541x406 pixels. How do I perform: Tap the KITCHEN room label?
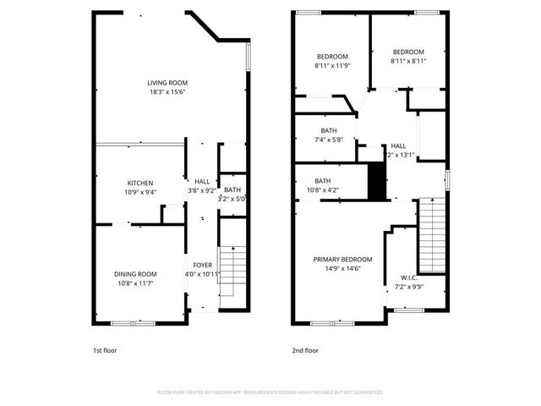[140, 183]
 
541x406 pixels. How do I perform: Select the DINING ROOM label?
[136, 274]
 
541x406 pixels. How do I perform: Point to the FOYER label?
[202, 265]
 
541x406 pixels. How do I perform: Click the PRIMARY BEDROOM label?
[342, 259]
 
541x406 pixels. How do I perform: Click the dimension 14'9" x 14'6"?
[342, 268]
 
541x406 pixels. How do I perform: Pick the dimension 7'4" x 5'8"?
[329, 140]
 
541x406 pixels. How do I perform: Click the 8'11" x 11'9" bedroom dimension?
[331, 65]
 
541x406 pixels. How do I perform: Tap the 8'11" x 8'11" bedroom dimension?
[407, 61]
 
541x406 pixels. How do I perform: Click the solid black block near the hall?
[377, 180]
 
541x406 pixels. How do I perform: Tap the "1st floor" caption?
[106, 349]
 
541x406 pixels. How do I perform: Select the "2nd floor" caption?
[305, 349]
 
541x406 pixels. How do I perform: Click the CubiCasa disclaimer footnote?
[270, 392]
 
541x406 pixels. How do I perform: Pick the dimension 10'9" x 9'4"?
[140, 192]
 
